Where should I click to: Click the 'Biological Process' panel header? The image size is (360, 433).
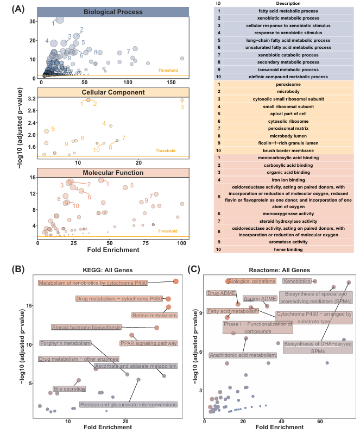coord(113,12)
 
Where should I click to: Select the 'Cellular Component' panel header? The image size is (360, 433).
coord(113,92)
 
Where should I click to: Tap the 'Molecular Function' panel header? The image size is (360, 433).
coord(113,173)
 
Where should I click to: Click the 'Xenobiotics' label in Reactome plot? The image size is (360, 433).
coord(297,281)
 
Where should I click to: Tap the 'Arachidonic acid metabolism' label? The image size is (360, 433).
coord(243,355)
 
